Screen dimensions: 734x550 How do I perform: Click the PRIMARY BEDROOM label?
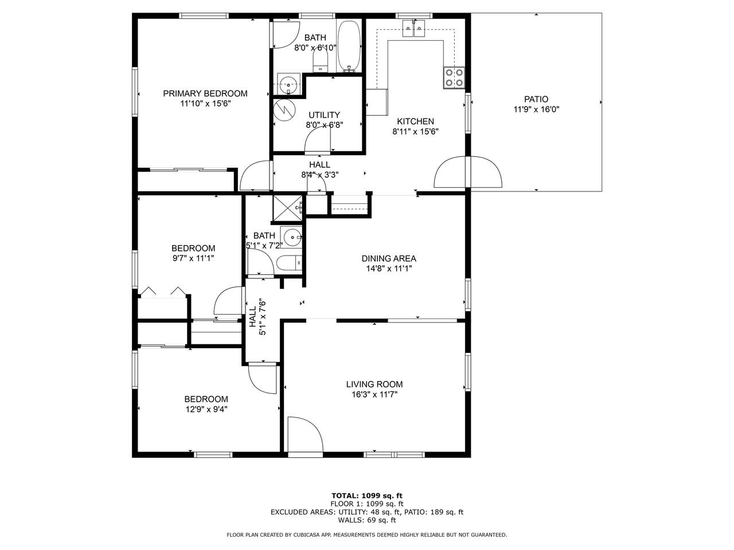click(205, 93)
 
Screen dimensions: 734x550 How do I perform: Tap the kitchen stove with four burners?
click(454, 77)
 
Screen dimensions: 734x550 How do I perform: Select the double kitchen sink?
click(414, 28)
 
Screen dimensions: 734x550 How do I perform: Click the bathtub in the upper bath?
click(349, 46)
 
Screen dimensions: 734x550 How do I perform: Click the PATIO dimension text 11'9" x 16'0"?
click(536, 109)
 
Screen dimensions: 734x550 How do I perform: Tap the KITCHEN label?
click(415, 121)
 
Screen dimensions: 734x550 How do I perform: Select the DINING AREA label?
click(389, 258)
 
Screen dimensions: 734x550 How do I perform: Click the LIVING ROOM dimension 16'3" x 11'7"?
click(374, 394)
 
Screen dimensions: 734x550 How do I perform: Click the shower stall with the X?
click(287, 208)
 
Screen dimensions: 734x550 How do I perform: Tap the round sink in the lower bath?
click(291, 237)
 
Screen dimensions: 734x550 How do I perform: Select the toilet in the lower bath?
click(289, 263)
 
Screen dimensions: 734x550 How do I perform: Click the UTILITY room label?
click(324, 115)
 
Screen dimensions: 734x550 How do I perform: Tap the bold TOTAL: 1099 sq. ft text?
click(367, 496)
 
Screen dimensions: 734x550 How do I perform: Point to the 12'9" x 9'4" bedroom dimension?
click(206, 409)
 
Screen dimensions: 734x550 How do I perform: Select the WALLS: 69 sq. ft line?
click(367, 520)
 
